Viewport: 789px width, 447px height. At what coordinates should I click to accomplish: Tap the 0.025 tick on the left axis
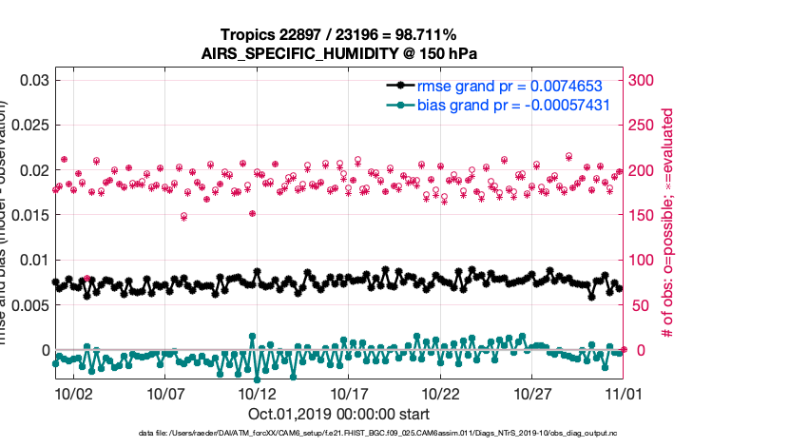tap(27, 125)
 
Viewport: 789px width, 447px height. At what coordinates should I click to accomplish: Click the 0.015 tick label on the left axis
tap(27, 215)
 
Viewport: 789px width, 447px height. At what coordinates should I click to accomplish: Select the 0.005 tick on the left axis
tap(27, 305)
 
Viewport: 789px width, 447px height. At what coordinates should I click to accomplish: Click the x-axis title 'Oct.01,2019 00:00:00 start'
tap(338, 414)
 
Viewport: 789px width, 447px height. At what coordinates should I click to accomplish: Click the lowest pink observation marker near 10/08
tap(183, 217)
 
